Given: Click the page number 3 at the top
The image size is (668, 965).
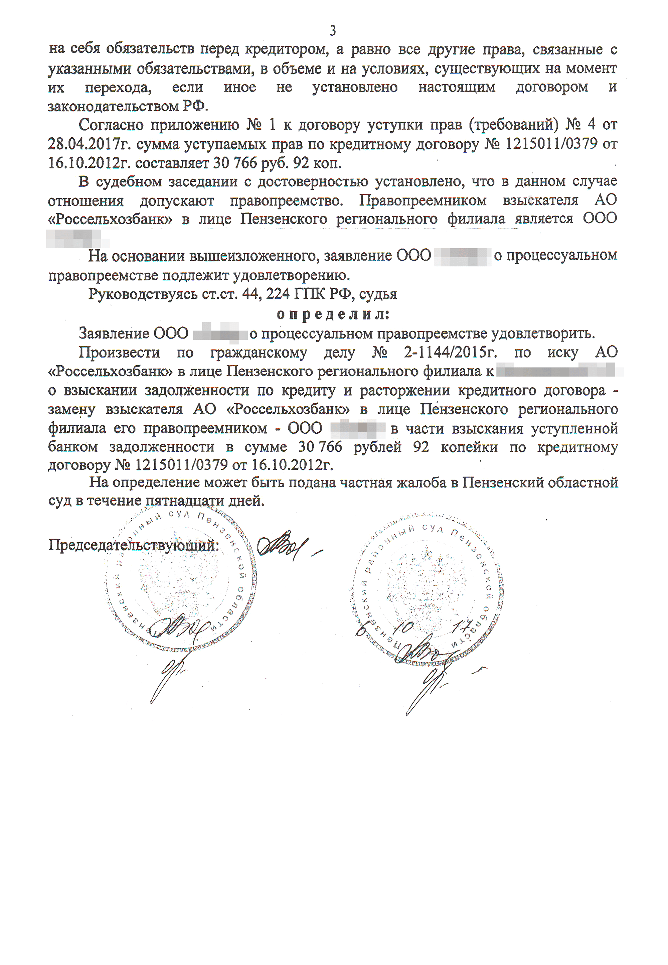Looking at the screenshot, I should (x=333, y=30).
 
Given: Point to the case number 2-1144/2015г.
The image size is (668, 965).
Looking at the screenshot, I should (x=450, y=353).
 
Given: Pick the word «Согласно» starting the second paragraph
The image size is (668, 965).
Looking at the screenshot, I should (x=111, y=125).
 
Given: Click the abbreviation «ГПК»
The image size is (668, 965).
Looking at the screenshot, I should (x=309, y=294).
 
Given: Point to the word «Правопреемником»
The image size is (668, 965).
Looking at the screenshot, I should (x=423, y=200).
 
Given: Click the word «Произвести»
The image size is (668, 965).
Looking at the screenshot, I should (x=119, y=353).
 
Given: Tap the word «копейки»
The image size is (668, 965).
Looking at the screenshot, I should (x=469, y=447).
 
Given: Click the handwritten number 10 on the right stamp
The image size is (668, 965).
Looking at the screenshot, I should (x=405, y=627).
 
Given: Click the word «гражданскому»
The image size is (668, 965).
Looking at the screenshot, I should (x=258, y=353).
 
